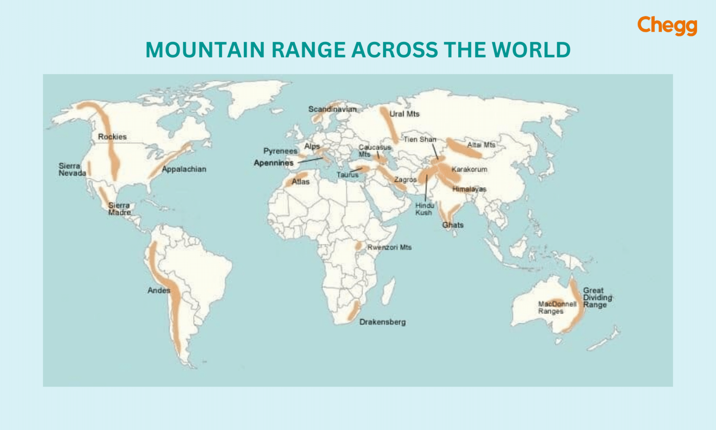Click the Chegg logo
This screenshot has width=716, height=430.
667,26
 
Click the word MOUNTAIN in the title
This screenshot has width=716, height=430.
205,50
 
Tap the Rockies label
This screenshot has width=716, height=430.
112,137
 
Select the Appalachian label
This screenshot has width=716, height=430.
184,169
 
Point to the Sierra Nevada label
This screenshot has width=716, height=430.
72,170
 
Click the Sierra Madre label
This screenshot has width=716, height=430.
119,209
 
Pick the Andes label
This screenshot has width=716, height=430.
158,291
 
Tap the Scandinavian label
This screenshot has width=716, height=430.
332,109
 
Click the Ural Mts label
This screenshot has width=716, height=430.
404,114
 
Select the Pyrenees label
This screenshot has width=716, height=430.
280,151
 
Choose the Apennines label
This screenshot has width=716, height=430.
274,163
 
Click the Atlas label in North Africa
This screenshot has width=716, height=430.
301,182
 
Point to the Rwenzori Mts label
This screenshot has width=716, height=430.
389,247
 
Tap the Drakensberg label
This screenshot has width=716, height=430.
382,322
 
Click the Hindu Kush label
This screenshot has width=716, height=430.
424,209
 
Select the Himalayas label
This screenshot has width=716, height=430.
469,189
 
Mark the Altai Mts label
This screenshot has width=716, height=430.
481,145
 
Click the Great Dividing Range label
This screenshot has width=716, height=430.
597,298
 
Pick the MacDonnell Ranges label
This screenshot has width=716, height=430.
557,307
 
